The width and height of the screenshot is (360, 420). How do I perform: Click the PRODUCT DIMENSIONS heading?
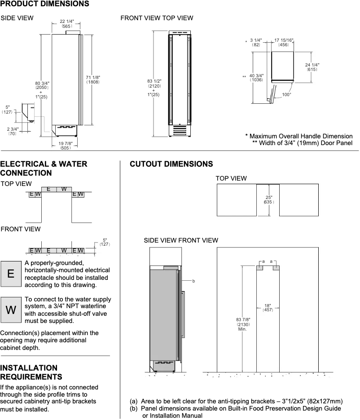click(44, 4)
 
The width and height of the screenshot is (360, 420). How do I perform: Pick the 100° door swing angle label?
click(286, 94)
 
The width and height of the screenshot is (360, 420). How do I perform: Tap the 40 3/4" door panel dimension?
click(256, 77)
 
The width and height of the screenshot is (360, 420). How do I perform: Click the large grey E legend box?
click(11, 274)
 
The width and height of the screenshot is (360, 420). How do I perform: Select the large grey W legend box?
click(11, 309)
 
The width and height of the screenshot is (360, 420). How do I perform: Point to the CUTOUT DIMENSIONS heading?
click(171, 164)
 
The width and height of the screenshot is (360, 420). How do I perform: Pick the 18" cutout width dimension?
click(268, 307)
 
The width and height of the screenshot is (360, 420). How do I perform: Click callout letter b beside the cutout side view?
click(193, 281)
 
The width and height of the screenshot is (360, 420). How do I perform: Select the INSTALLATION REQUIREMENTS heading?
click(31, 372)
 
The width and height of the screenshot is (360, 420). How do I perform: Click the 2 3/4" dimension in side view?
click(12, 131)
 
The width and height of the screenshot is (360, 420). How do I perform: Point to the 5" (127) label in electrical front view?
click(105, 242)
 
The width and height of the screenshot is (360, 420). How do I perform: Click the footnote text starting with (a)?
click(236, 401)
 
